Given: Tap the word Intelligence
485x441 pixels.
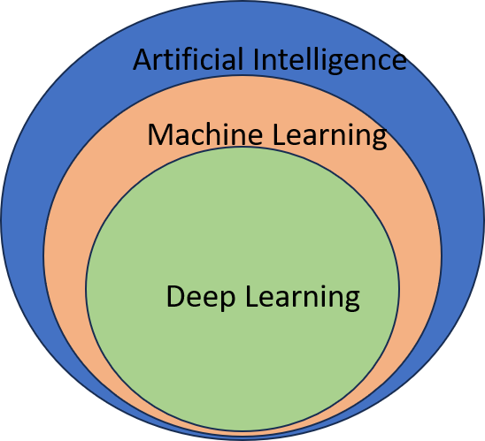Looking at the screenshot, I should (x=330, y=60).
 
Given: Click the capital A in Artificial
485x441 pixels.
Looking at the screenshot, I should (x=142, y=60).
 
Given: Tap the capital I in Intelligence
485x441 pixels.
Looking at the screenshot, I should (x=258, y=59).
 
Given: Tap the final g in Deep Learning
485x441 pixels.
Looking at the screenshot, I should (x=351, y=300).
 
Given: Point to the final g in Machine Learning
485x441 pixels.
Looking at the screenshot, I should (x=379, y=140).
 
